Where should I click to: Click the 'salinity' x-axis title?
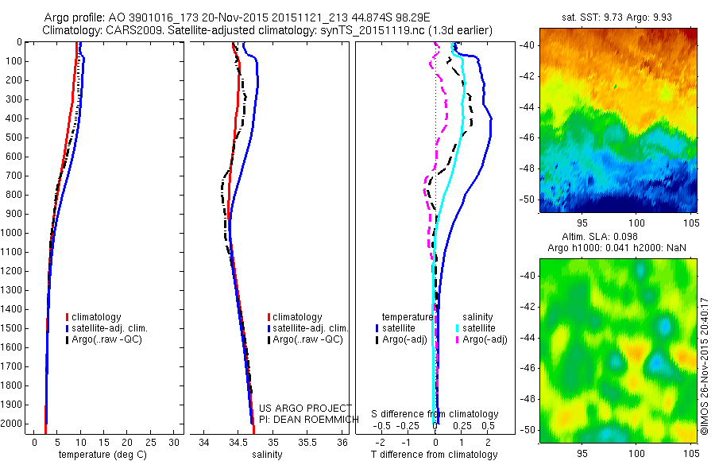point(265,455)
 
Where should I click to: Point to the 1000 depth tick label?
point(14,233)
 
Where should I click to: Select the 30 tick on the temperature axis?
point(175,443)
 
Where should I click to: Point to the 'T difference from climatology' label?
point(435,455)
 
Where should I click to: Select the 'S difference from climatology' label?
point(435,415)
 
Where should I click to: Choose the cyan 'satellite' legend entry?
point(478,328)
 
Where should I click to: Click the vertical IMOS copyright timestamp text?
point(704,366)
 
